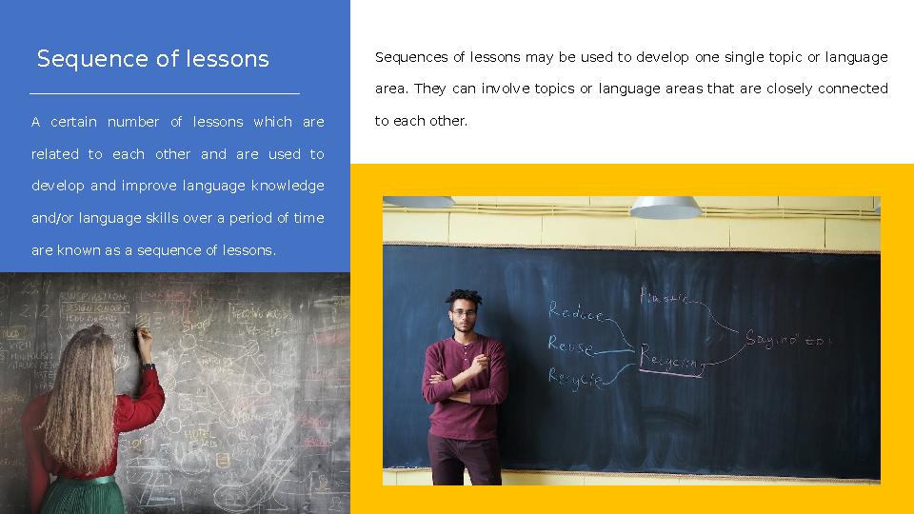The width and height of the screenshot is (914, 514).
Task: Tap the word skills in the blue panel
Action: click(x=162, y=218)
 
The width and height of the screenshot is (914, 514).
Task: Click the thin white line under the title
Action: click(x=165, y=94)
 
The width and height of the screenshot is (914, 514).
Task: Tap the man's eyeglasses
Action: click(x=463, y=313)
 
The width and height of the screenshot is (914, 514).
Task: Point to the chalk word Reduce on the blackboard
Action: click(x=576, y=312)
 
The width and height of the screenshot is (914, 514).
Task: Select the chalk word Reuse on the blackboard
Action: click(x=570, y=346)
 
